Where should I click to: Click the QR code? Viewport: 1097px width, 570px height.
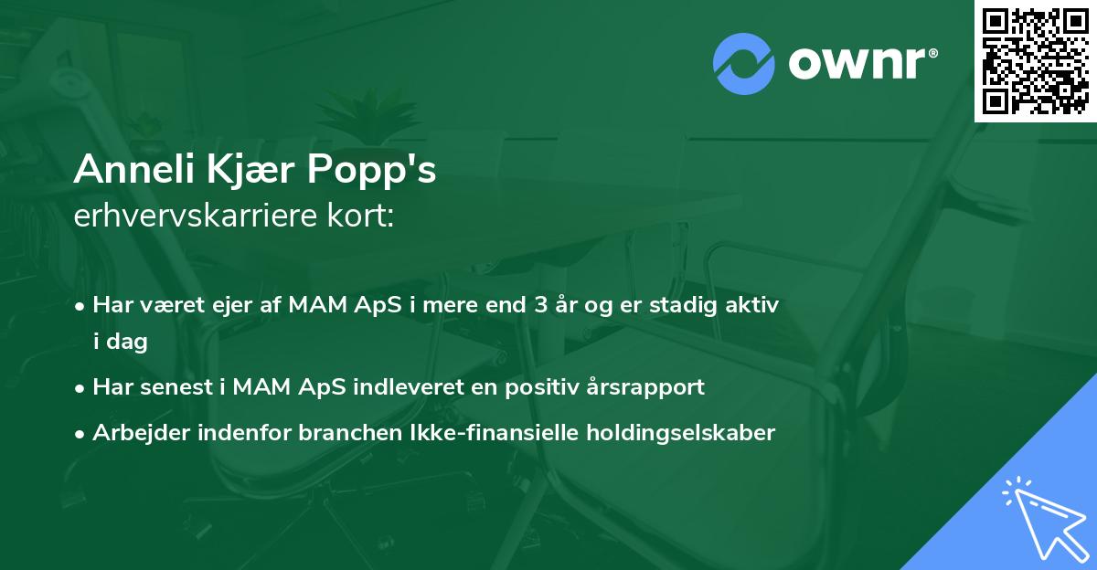tap(1036, 61)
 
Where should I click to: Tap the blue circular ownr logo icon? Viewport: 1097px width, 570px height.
tap(744, 63)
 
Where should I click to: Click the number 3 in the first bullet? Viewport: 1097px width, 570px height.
tap(543, 305)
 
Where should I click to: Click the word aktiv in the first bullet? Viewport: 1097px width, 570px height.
tap(752, 305)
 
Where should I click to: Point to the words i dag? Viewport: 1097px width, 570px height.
tap(120, 342)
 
